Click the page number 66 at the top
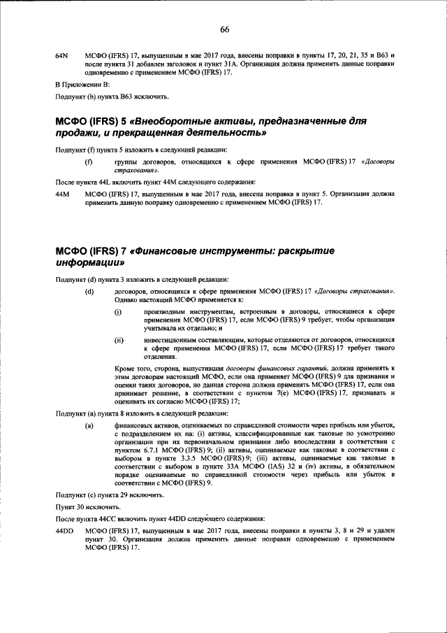coord(224,29)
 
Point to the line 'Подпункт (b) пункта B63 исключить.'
coord(111,97)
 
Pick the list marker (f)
coord(88,162)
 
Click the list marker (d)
coord(89,291)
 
